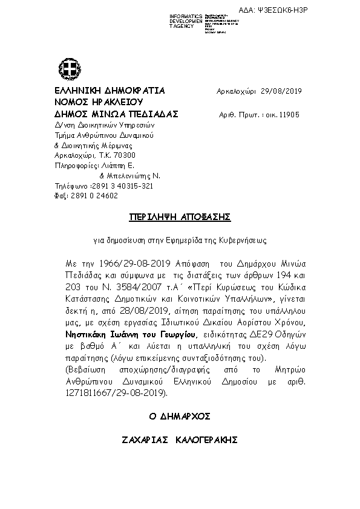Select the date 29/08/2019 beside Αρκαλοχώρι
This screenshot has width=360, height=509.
(x=281, y=91)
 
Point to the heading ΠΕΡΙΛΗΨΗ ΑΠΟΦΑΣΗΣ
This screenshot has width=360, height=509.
(x=180, y=216)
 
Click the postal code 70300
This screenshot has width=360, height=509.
(x=115, y=155)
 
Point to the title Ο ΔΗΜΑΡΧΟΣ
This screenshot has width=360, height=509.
(x=180, y=417)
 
